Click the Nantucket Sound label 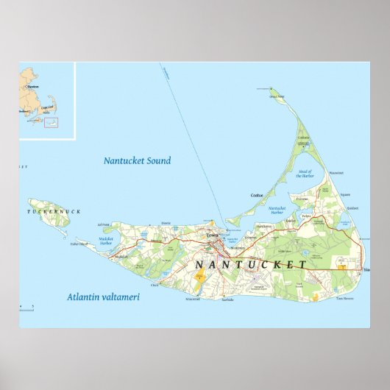click(137, 160)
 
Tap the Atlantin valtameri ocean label click(103, 297)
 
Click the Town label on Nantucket click(213, 235)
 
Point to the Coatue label click(257, 195)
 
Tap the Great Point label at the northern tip click(276, 96)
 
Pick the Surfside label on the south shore click(227, 300)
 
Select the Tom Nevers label click(345, 299)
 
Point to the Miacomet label click(194, 299)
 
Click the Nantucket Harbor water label click(277, 210)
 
